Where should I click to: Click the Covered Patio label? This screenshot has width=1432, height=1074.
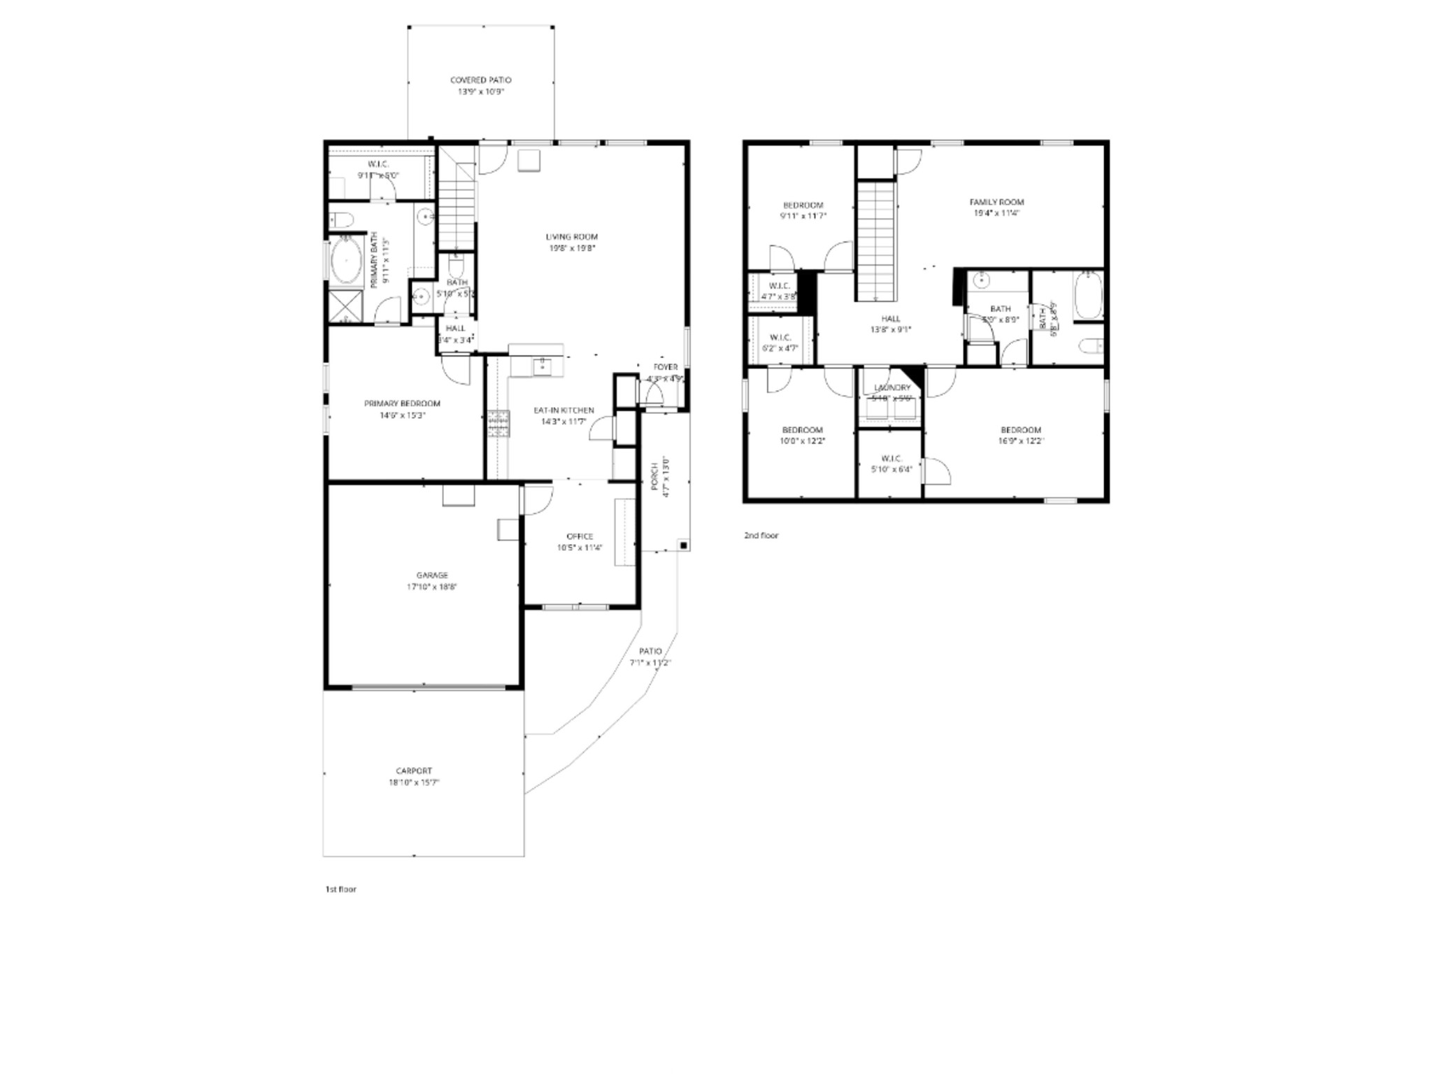480,80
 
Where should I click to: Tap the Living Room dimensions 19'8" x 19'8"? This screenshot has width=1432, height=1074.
571,248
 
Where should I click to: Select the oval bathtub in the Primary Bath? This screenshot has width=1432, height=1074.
345,259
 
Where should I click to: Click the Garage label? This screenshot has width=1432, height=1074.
432,575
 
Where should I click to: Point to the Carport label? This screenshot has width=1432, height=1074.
414,771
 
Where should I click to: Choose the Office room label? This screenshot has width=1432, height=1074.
580,536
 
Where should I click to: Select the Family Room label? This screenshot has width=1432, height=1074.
996,202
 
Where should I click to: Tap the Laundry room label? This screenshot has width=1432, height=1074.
892,387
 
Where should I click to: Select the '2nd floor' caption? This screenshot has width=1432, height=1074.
761,536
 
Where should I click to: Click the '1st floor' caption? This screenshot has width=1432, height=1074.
341,889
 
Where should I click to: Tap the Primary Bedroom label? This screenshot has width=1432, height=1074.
402,403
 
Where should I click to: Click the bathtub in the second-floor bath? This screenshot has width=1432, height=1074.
1087,296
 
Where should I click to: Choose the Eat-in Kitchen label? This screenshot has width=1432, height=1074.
564,410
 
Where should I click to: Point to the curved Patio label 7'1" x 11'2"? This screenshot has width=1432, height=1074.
650,651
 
